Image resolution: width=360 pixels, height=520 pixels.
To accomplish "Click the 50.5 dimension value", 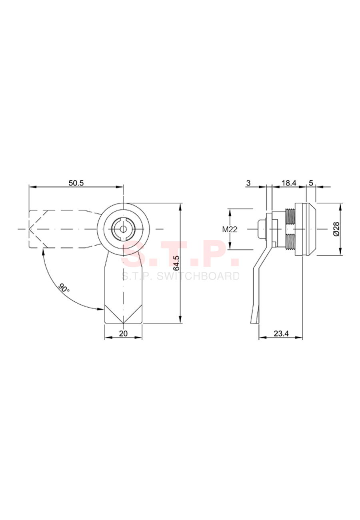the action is pos(76,183).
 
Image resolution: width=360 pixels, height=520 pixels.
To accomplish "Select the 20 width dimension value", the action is pos(123,334).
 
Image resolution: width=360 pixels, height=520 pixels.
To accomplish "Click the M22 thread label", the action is pos(230,230).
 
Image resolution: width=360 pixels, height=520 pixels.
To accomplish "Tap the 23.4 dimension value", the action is pos(281,334).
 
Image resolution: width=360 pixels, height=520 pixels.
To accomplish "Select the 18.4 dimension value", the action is pos(289,183).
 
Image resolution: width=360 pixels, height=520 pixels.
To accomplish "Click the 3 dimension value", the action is pos(248,183).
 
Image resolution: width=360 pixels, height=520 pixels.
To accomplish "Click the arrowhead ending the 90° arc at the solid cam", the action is pos(100,309).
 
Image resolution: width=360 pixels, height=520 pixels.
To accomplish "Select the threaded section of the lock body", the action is pos(290,229).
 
